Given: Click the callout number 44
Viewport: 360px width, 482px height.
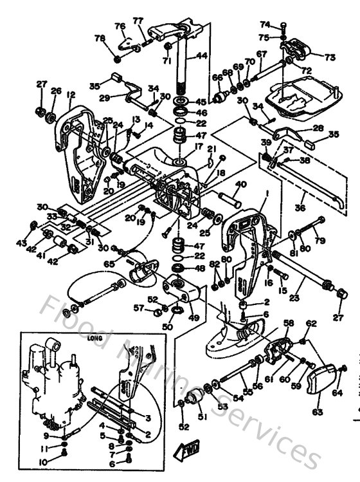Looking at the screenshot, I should (202, 56).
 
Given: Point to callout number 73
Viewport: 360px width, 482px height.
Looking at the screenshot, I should (330, 57).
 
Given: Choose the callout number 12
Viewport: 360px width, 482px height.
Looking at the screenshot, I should (70, 95).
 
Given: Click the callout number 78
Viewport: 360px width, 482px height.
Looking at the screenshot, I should (100, 39).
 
